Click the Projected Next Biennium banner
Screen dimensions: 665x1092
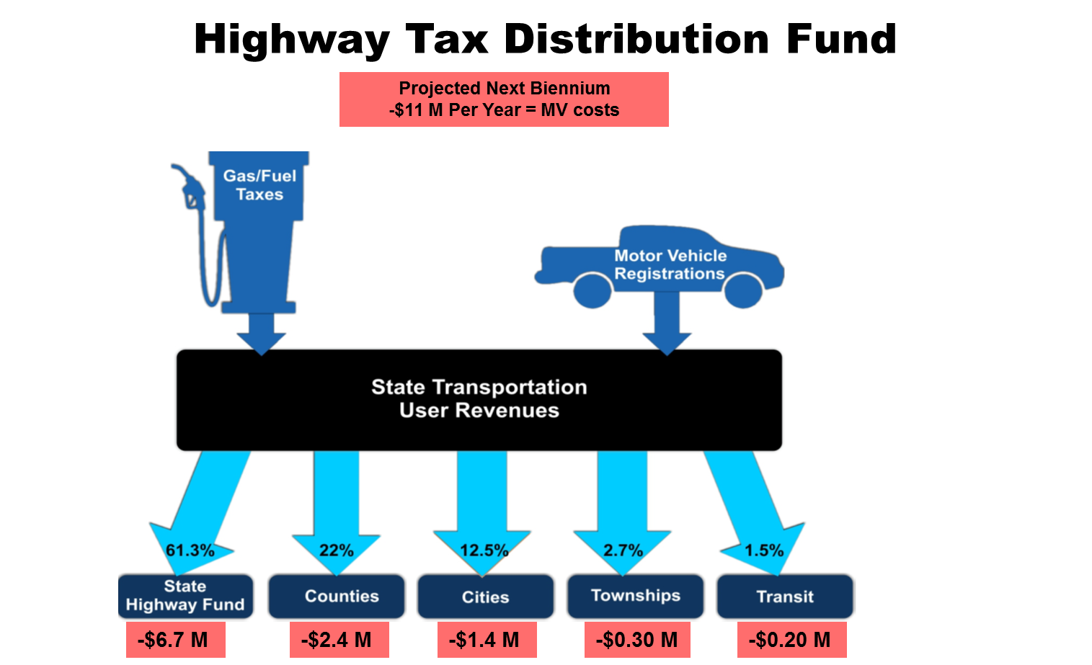pos(504,99)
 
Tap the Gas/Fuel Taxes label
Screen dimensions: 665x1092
pos(259,185)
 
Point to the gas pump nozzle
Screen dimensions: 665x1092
pos(189,187)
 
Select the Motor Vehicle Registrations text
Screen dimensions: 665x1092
pos(670,264)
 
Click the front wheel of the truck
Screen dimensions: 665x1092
pos(743,290)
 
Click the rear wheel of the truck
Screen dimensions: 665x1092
pos(592,290)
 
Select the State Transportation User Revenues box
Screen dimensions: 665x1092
pos(479,400)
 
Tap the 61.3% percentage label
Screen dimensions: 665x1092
pos(190,550)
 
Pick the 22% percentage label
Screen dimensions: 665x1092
pos(337,550)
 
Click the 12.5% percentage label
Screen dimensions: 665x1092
pos(484,550)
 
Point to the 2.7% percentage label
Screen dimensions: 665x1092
pos(623,550)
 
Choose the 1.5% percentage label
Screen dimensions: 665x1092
pos(764,550)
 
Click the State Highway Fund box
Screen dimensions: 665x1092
pos(185,596)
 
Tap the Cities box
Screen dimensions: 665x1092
pos(486,597)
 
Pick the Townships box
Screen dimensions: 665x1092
pos(635,596)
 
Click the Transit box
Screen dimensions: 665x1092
pos(785,597)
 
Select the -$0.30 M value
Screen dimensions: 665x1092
pos(636,640)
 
